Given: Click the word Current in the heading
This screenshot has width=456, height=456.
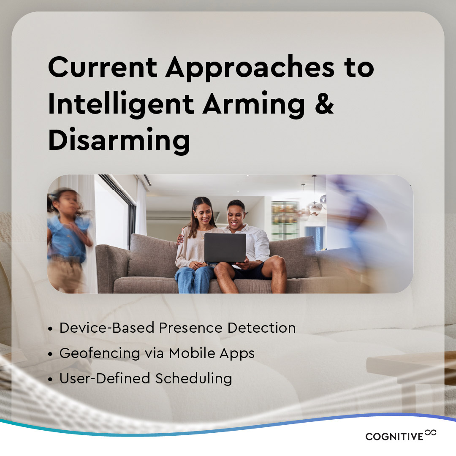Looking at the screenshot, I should (x=102, y=68).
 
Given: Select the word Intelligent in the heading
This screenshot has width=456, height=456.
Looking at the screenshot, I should (x=121, y=105).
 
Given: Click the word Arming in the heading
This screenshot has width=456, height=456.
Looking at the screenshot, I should (x=253, y=106).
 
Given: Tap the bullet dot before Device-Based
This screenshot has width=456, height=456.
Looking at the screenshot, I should (x=51, y=329).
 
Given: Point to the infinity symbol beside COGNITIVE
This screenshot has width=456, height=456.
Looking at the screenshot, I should (x=431, y=432).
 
